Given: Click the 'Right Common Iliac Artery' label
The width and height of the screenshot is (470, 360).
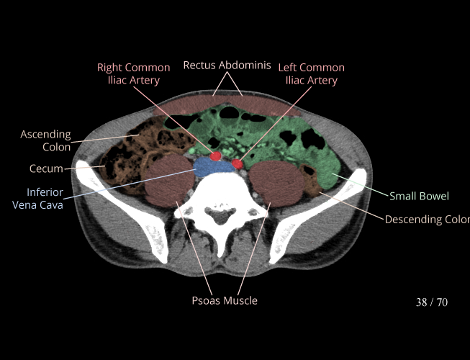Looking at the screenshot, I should [134, 73].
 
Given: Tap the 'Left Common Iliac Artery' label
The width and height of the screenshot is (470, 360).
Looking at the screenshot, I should [311, 73].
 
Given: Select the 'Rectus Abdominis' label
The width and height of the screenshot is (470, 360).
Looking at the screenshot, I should [227, 66].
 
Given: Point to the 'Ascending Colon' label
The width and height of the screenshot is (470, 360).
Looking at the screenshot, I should [45, 140].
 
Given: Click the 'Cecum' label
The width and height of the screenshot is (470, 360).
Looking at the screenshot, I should [46, 169].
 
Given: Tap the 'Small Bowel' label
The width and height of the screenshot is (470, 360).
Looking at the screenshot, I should [419, 196].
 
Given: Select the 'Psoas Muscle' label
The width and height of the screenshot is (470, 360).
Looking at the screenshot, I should [225, 300].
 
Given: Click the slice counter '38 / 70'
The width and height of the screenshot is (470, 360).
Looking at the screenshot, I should [432, 302].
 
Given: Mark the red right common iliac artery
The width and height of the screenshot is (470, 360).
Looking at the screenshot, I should [215, 156].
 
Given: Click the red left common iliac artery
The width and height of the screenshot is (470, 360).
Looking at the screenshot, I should [238, 164].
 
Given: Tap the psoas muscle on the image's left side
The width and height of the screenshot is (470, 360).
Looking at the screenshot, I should [167, 182].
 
